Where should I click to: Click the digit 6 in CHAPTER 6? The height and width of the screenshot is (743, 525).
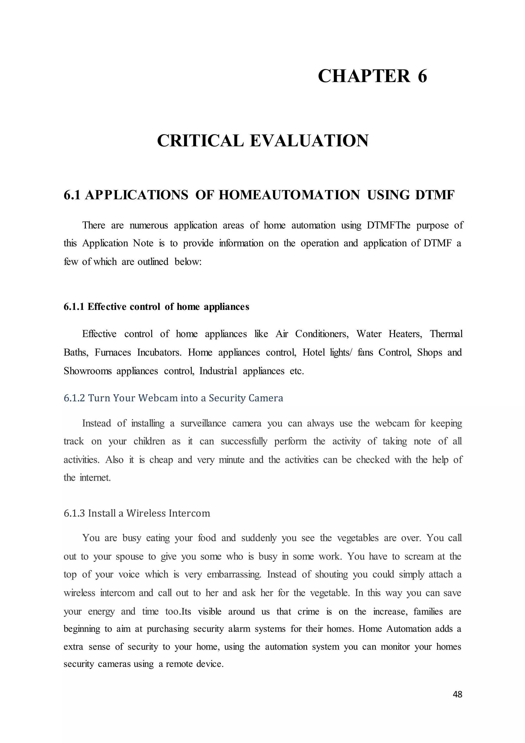click(x=422, y=76)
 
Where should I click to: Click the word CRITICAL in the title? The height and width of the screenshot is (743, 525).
click(x=200, y=141)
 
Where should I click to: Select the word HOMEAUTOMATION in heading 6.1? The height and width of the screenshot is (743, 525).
click(x=289, y=195)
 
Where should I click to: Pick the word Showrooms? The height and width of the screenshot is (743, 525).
click(x=87, y=371)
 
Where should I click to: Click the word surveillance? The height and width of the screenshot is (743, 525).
click(x=203, y=423)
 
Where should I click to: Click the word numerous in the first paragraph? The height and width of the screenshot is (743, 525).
click(x=148, y=225)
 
